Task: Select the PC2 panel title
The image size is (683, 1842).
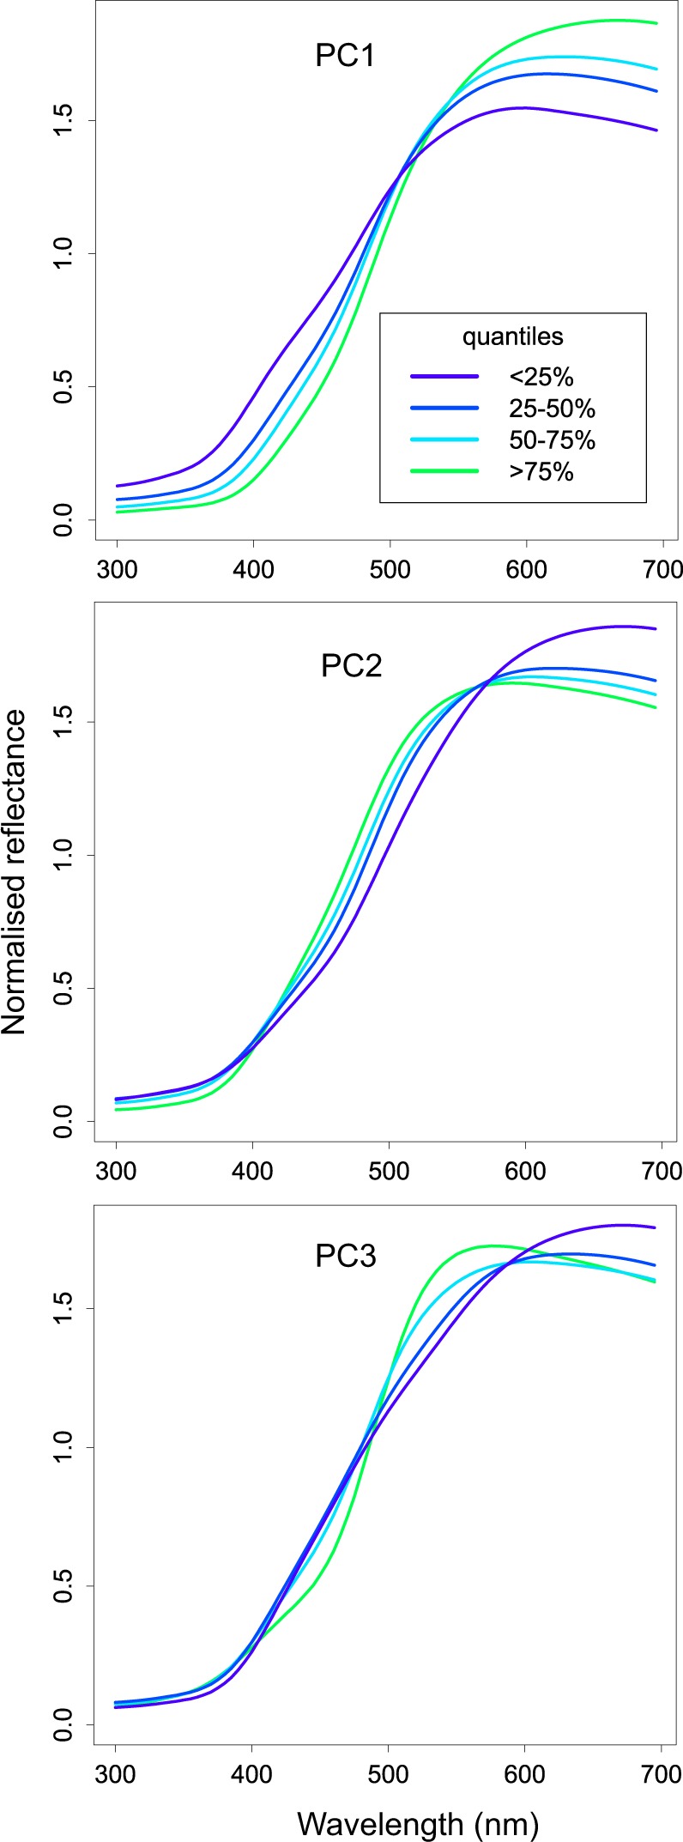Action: [351, 666]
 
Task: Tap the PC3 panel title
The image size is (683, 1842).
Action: [346, 1257]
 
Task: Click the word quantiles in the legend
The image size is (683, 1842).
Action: [512, 336]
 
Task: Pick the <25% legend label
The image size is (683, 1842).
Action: [540, 376]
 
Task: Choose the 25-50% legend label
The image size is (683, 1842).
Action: [551, 408]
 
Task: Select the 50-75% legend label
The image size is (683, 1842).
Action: [551, 439]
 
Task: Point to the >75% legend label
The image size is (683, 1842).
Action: [540, 470]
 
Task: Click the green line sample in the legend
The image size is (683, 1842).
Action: [444, 470]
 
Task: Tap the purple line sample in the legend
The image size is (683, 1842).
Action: [444, 376]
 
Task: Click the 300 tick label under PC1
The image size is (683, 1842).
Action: [117, 569]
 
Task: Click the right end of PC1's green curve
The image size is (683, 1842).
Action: [656, 23]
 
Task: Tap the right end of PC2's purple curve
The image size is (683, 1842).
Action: [656, 629]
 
